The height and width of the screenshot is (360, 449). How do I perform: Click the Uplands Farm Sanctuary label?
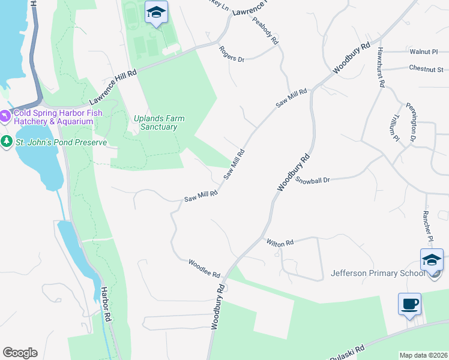tap(158, 122)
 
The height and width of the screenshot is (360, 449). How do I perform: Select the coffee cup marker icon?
tap(409, 304)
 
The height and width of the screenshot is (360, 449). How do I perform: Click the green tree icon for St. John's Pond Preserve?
tap(7, 142)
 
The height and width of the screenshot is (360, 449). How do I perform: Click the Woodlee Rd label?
tap(205, 268)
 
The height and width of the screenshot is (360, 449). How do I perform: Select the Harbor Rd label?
tap(107, 305)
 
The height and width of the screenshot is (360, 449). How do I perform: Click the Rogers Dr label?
tap(232, 55)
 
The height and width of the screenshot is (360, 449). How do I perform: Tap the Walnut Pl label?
tap(423, 52)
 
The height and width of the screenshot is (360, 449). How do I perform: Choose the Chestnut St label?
tap(426, 68)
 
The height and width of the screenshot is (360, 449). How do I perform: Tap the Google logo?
tap(20, 353)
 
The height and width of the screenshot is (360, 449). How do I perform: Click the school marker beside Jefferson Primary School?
tap(432, 260)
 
